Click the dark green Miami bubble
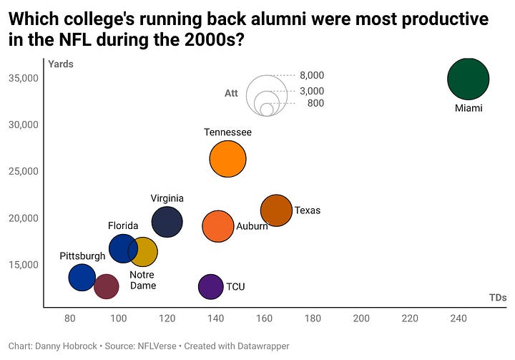pyautogui.click(x=468, y=79)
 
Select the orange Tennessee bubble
pyautogui.click(x=227, y=160)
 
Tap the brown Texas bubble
pyautogui.click(x=276, y=210)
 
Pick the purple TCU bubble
pyautogui.click(x=210, y=286)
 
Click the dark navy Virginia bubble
pyautogui.click(x=167, y=222)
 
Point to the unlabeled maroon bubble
pyautogui.click(x=106, y=286)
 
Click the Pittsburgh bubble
pyautogui.click(x=82, y=277)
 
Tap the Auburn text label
pyautogui.click(x=252, y=227)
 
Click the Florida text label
pyautogui.click(x=123, y=225)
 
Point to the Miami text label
pyautogui.click(x=469, y=109)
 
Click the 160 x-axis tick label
pyautogui.click(x=264, y=318)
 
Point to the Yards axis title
pyautogui.click(x=61, y=64)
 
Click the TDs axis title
pyautogui.click(x=498, y=298)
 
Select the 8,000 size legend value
pyautogui.click(x=312, y=75)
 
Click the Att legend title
pyautogui.click(x=231, y=93)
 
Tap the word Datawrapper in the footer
pyautogui.click(x=257, y=346)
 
